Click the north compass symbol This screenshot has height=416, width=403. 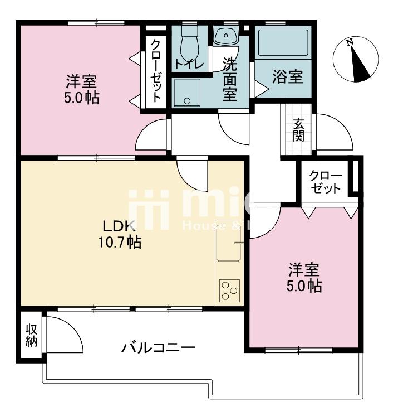coord(353,60)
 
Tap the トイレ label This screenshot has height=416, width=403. coord(188,64)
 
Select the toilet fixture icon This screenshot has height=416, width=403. coord(190,40)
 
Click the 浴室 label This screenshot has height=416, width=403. coord(288,77)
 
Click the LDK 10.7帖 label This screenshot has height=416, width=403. coord(120,234)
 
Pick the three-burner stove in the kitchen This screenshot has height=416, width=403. coord(229,290)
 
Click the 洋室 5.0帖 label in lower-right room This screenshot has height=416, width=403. coord(304,278)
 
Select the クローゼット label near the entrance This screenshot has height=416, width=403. coord(326,181)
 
